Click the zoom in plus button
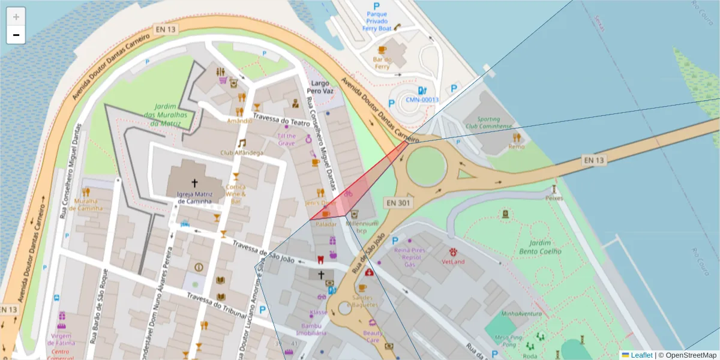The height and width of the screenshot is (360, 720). click(16, 17)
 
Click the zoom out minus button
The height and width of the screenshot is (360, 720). click(16, 35)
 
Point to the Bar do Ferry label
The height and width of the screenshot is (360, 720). click(382, 62)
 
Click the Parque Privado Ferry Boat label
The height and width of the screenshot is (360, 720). click(377, 21)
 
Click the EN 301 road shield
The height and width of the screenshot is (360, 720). click(398, 203)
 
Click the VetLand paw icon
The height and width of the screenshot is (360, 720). click(453, 251)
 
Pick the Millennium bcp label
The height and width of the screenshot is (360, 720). click(361, 227)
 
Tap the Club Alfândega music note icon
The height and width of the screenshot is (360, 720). click(241, 143)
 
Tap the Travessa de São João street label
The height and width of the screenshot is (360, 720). click(264, 251)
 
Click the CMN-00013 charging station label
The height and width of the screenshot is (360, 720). click(422, 100)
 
